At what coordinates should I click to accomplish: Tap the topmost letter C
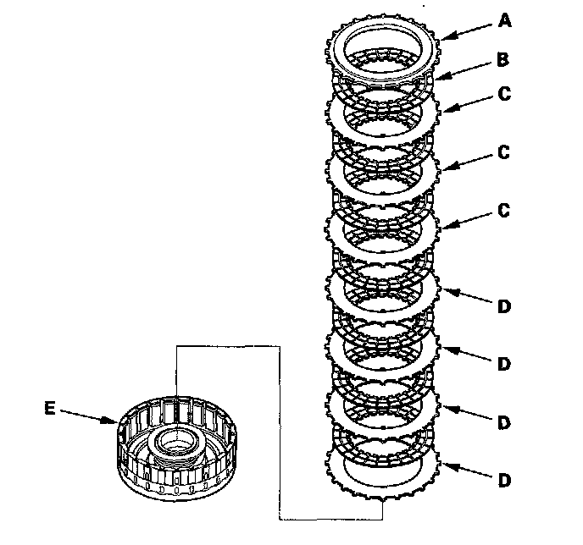tap(505, 94)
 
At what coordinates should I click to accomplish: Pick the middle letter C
tap(505, 153)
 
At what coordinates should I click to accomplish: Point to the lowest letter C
tap(505, 212)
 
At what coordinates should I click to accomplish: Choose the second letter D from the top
tap(505, 365)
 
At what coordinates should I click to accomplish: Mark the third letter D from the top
tap(505, 422)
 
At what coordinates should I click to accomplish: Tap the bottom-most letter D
tap(505, 480)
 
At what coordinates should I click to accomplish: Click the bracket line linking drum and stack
tap(280, 423)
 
